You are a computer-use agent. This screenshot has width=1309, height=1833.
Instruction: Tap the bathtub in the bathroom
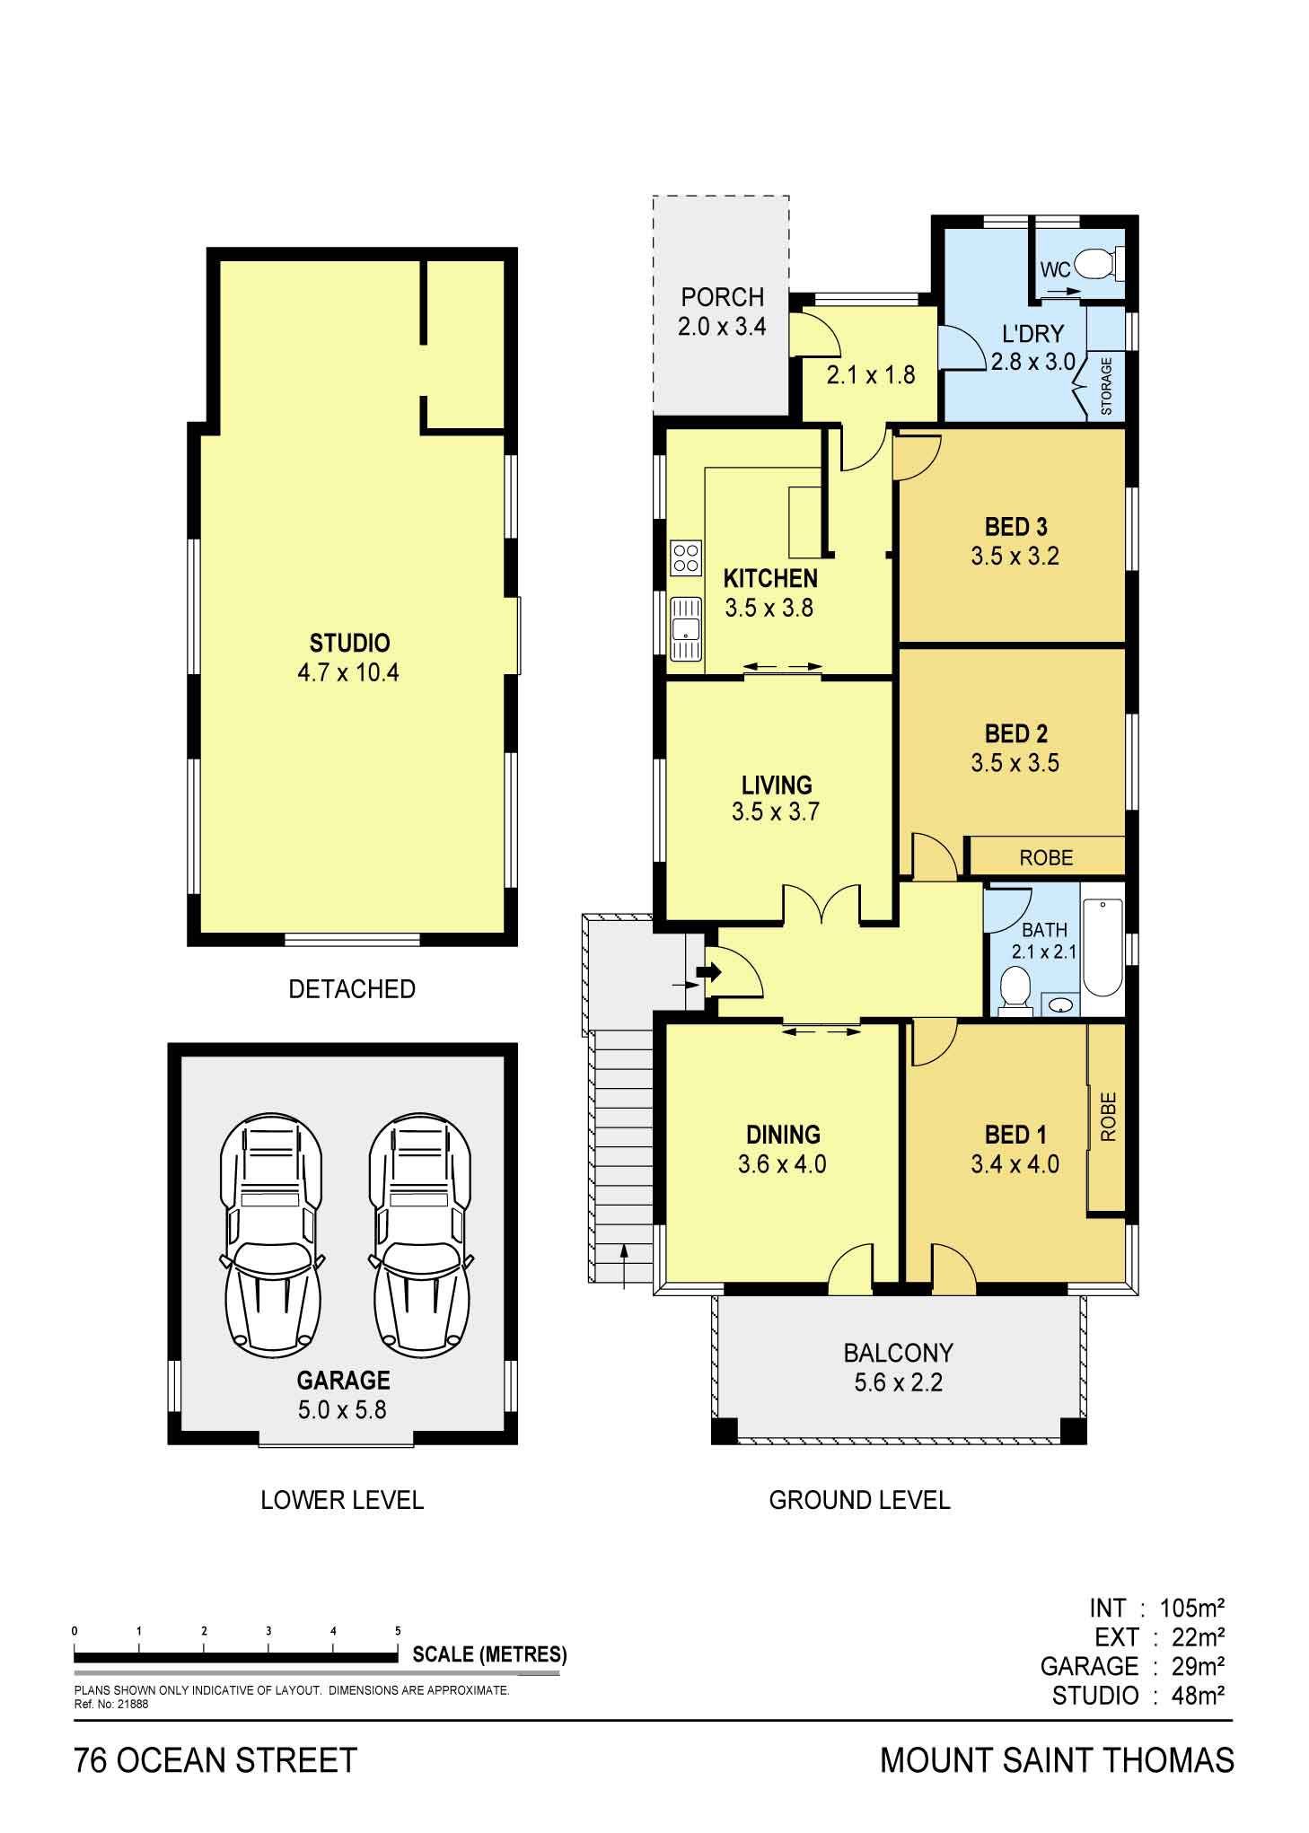[x=1103, y=948]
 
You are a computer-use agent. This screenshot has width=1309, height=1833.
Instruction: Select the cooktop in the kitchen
[x=686, y=557]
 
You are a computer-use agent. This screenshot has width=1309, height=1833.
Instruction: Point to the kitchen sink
[x=685, y=628]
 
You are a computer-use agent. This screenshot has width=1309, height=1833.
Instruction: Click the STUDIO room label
[x=349, y=643]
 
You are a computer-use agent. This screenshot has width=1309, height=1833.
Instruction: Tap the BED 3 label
[x=1015, y=527]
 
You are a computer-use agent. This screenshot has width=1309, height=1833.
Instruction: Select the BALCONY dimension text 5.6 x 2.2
[x=898, y=1381]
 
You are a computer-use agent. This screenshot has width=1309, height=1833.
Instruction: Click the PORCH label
[x=722, y=297]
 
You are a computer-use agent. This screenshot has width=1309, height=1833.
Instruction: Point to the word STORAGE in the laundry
[x=1106, y=386]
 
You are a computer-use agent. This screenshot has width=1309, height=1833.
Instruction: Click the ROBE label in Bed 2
[x=1046, y=857]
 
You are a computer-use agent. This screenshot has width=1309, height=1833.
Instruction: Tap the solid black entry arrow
[x=709, y=971]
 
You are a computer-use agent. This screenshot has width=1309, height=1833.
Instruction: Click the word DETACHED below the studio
[x=352, y=989]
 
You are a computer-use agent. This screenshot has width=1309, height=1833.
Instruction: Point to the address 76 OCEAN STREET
[x=215, y=1760]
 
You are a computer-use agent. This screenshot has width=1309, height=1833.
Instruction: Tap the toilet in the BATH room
[x=1015, y=991]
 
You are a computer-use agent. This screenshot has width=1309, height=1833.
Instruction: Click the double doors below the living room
[x=822, y=903]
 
